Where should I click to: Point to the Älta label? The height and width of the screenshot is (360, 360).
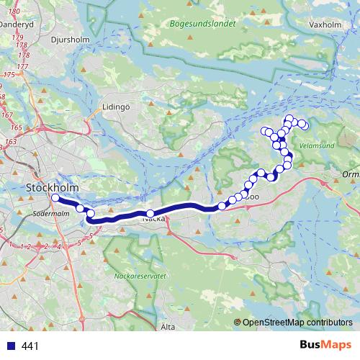coord(168,326)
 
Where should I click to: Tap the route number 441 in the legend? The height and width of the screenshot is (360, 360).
coord(30,346)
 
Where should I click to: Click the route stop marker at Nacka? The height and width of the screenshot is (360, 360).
coord(150,213)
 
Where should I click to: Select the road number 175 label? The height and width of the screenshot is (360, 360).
coord(10,75)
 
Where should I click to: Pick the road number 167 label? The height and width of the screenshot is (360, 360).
coord(6,115)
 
